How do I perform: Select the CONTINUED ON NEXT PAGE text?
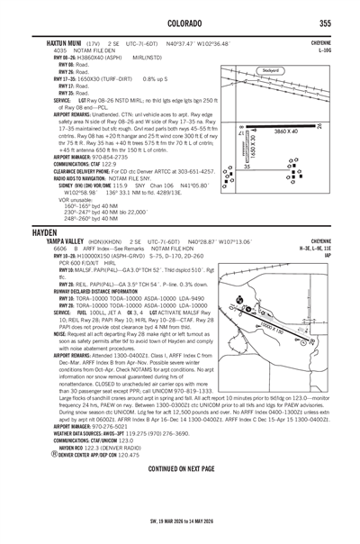click(179, 469)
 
